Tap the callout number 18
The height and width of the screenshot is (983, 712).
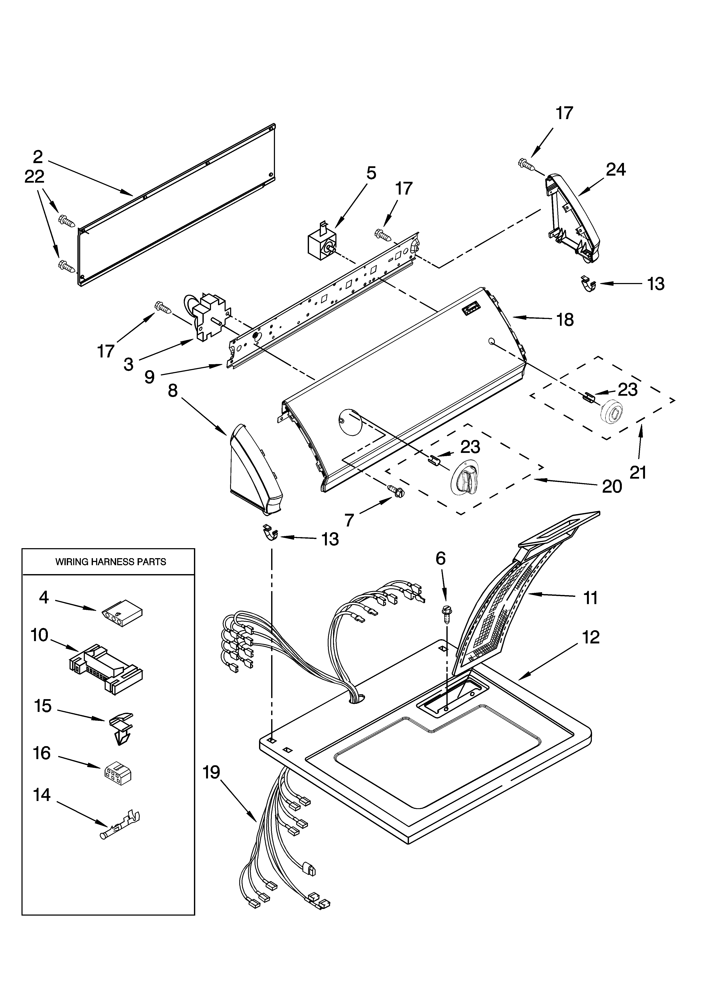[x=565, y=320]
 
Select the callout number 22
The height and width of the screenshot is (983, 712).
[x=34, y=177]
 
